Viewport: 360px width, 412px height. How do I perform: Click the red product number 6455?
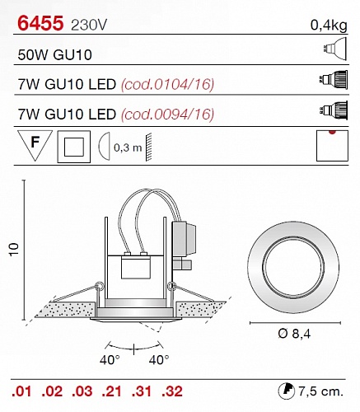coord(40,23)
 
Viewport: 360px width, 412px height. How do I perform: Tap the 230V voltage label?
coord(89,26)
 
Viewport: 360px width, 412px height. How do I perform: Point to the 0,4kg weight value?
coord(329,26)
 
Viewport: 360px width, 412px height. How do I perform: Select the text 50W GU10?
coord(54,54)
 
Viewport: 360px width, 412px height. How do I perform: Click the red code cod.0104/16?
coord(167,84)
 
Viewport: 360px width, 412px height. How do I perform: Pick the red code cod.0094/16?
coord(167,114)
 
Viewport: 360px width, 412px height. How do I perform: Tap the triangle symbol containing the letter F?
coord(35,144)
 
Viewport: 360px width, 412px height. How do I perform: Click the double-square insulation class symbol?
coord(74,147)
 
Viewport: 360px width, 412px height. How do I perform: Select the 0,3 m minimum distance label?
coord(128,147)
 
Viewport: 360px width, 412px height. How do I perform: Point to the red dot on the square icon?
coord(332,132)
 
